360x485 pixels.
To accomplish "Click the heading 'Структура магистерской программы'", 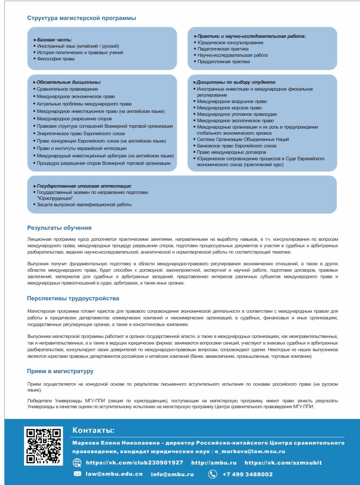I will (81, 18).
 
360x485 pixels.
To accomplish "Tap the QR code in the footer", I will (43, 446).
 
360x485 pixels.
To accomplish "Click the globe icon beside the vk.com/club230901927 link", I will (77, 463).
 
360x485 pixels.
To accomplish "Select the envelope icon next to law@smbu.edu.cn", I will (77, 474).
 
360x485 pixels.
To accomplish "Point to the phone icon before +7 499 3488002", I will (212, 474).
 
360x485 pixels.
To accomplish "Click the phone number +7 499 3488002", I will (248, 474).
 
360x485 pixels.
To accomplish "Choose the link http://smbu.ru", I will (214, 463).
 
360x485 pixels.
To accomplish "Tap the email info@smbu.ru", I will (172, 474).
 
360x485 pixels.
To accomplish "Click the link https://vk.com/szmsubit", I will (283, 463).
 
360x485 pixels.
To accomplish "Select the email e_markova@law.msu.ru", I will (250, 451).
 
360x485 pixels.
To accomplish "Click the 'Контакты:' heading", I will (93, 430).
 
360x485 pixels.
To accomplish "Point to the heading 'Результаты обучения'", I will (59, 228).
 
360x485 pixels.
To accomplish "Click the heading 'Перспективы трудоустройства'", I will (73, 298).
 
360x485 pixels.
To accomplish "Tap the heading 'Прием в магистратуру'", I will (60, 371).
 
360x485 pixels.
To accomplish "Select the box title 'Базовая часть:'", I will (54, 40).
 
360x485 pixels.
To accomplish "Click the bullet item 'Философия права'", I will (55, 59).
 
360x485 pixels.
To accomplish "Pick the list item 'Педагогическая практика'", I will (223, 49).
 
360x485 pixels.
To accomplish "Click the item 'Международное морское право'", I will (229, 108).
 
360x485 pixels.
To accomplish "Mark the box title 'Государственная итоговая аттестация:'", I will (84, 186).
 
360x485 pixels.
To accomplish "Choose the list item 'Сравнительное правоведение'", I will (67, 89).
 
